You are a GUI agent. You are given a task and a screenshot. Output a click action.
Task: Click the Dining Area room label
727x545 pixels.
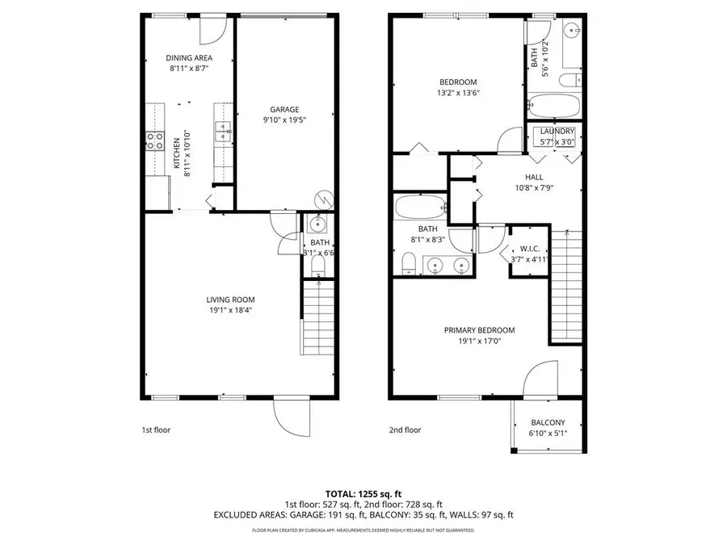coord(190,58)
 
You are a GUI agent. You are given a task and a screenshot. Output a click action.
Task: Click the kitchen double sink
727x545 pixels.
coord(223,132)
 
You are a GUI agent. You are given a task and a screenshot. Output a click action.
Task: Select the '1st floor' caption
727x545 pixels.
coord(156,430)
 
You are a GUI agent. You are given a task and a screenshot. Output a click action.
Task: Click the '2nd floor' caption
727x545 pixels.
coord(406,430)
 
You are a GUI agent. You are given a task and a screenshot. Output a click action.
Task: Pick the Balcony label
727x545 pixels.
coord(548,423)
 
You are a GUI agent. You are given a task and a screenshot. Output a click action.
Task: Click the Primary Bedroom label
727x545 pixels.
coord(479,330)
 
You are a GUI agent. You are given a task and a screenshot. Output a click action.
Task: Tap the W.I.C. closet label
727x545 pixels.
coord(531,249)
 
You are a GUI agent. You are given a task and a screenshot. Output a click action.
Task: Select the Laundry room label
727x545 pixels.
coord(557,132)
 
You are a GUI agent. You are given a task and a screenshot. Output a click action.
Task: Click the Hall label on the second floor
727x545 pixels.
coord(534,177)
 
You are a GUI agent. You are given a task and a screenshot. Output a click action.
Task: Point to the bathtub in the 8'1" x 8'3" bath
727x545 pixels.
coord(418,208)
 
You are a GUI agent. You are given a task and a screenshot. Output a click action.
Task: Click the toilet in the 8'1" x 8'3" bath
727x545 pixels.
coord(408,263)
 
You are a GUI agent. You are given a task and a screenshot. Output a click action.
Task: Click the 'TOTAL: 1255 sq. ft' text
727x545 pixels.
coord(363,493)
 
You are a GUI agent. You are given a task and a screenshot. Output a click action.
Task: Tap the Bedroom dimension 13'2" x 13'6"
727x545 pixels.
coord(458,93)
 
